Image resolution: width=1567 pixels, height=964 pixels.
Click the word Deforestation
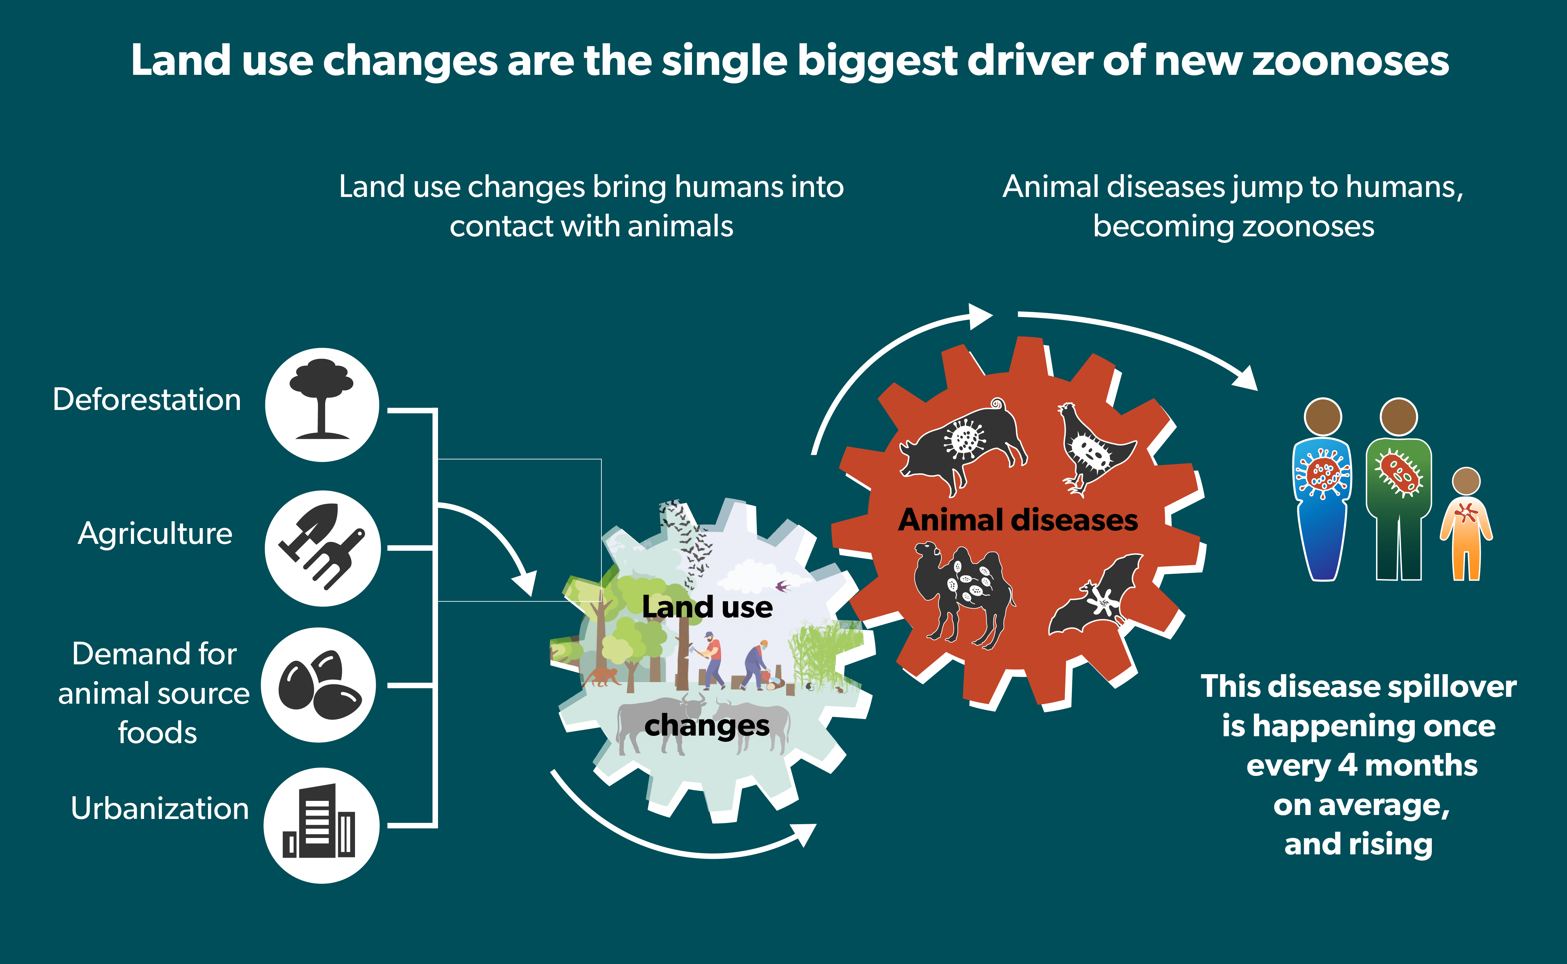pos(147,400)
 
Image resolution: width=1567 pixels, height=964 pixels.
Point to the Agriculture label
pos(155,534)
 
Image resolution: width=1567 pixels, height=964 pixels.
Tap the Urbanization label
pos(159,808)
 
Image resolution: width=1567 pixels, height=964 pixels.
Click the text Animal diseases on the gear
pos(1018,520)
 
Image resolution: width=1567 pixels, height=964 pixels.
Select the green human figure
pos(1399,491)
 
